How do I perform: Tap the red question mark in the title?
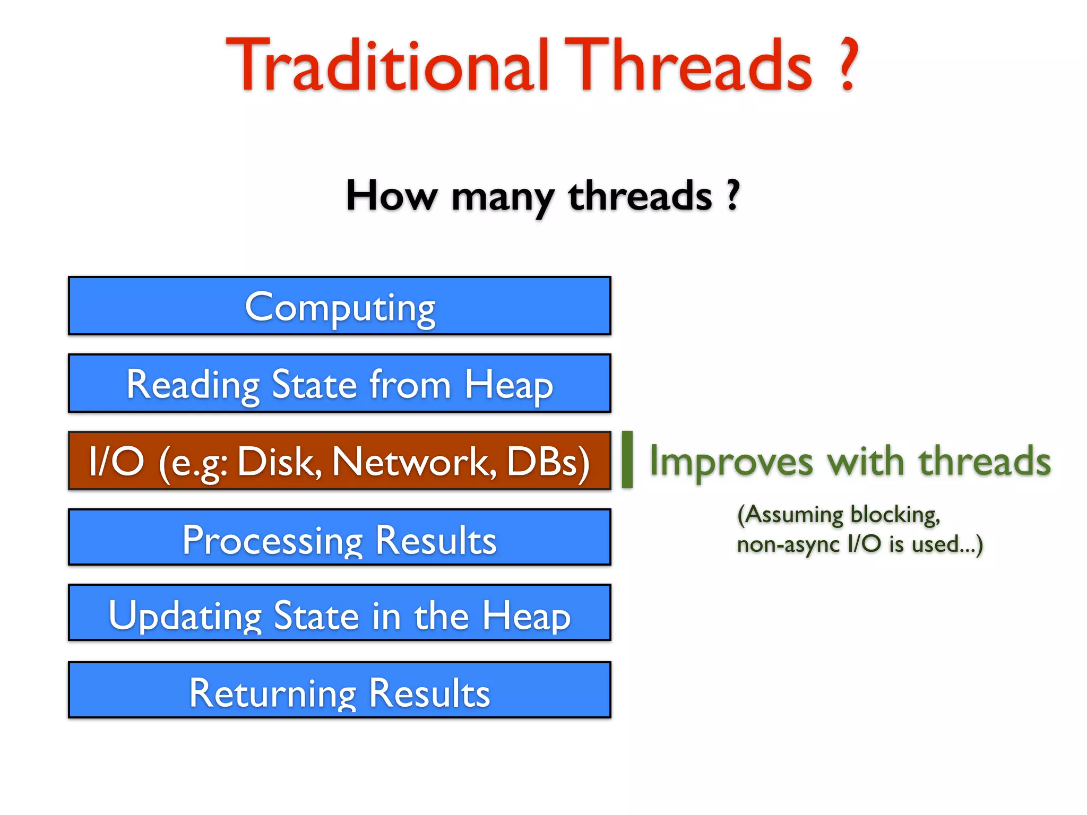click(848, 65)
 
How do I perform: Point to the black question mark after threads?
click(733, 195)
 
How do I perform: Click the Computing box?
click(340, 306)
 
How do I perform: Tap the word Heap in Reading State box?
click(508, 385)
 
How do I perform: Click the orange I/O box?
click(340, 461)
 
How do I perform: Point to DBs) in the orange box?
click(548, 461)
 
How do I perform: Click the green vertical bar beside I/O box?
click(627, 459)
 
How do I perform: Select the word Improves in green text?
click(731, 461)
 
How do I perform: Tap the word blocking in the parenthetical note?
click(895, 515)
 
